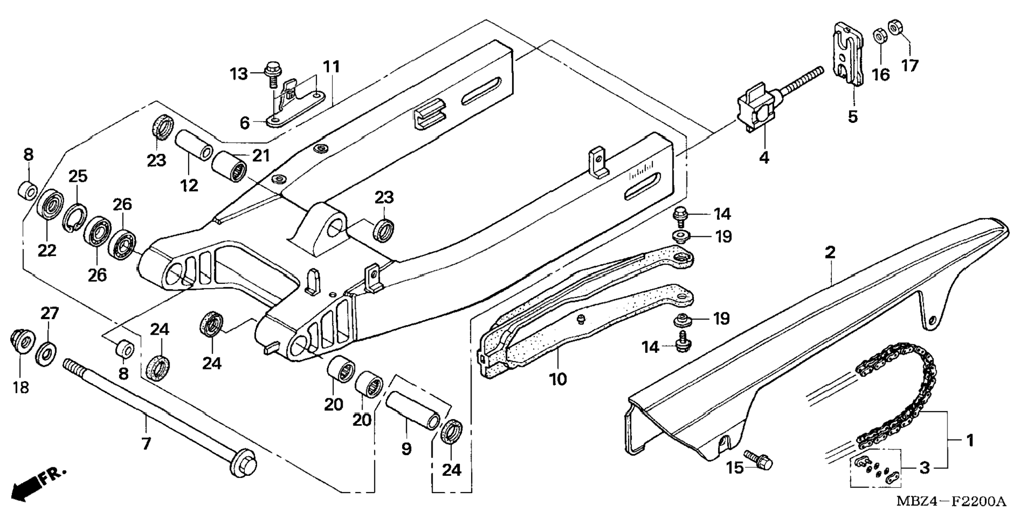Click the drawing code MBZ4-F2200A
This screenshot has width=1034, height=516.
(951, 502)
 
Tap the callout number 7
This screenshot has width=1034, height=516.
(146, 443)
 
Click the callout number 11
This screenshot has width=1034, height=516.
(331, 67)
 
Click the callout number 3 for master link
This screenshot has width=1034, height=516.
(924, 468)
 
